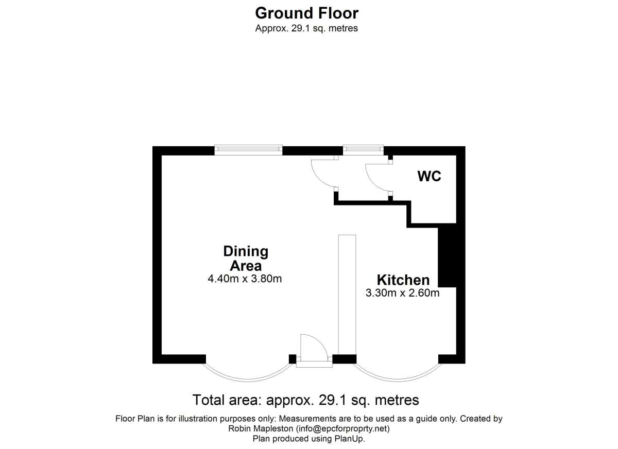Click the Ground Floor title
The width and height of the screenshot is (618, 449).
click(x=306, y=13)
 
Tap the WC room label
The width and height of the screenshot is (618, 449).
click(x=430, y=177)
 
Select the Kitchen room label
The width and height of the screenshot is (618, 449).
click(x=403, y=280)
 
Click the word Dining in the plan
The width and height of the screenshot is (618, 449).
click(x=246, y=251)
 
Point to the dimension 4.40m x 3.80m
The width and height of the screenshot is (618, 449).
click(x=245, y=279)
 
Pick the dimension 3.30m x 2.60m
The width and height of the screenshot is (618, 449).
click(x=403, y=293)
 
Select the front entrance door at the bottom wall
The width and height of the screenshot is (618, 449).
click(x=314, y=351)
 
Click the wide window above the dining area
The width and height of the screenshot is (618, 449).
click(x=248, y=150)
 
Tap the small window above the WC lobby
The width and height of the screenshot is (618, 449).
click(x=364, y=149)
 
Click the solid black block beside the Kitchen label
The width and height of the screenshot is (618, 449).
click(x=447, y=255)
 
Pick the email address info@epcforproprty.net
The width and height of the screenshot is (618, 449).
click(x=342, y=428)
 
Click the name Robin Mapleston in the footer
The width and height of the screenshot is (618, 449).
click(x=261, y=428)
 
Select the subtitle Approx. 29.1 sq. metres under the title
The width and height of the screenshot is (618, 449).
click(x=306, y=28)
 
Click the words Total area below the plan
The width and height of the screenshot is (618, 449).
click(x=227, y=400)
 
